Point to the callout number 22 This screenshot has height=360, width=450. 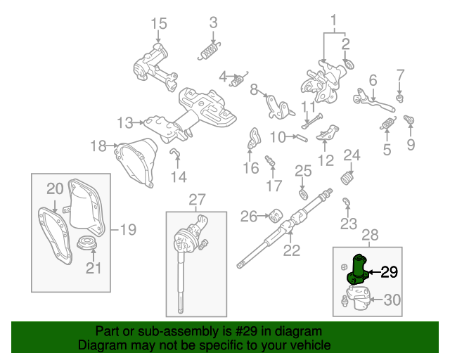point(291,249)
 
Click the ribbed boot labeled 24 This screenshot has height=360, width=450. point(348,179)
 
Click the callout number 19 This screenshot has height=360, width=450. point(127,229)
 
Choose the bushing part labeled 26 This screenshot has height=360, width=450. point(276,214)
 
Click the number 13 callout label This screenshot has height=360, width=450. point(124,123)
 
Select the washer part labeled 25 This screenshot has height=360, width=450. point(302,193)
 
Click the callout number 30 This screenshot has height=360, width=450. point(392,300)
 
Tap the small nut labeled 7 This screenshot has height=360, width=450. point(400,97)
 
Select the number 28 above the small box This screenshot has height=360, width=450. point(369,234)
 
